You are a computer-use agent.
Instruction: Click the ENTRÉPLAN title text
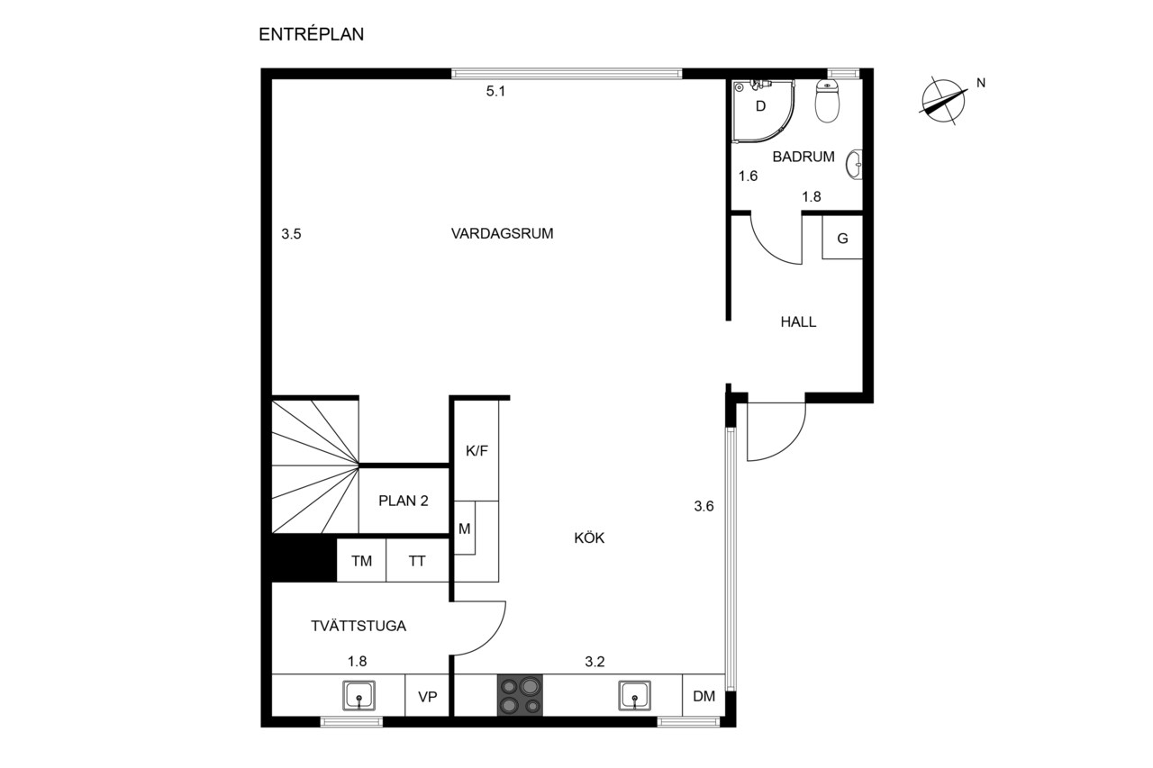pos(311,34)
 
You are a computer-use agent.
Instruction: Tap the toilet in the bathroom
pos(827,101)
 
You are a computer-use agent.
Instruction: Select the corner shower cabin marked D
pos(763,111)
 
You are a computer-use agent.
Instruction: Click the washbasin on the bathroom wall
pos(855,165)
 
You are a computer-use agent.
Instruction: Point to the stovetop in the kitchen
pos(520,695)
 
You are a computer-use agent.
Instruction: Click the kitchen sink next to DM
pos(634,695)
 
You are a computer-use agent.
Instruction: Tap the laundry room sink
pos(359,695)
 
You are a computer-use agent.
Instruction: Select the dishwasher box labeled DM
pos(704,695)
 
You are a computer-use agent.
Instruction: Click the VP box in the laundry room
pos(427,695)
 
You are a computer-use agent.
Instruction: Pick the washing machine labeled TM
pos(361,560)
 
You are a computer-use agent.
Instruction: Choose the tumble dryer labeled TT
pos(417,560)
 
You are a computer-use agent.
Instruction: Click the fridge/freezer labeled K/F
pos(477,450)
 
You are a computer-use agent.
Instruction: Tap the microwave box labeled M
pos(465,529)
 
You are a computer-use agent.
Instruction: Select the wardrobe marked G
pos(842,238)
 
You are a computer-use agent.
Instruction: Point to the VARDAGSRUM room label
pos(502,233)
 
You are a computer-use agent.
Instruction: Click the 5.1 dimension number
pos(495,92)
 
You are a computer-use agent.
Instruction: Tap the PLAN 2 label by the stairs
pos(403,501)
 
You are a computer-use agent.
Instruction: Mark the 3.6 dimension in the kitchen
pos(704,506)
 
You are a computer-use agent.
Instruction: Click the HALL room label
pos(798,322)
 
